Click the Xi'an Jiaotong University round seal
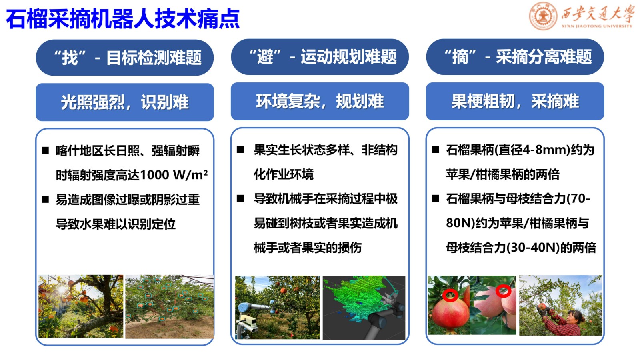543,16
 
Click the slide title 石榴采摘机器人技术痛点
122,19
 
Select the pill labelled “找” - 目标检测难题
124,58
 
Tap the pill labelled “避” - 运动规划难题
320,57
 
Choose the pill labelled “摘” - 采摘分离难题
515,57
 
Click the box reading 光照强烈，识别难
124,102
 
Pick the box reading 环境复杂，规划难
320,101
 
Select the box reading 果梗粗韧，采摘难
515,101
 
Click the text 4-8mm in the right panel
542,150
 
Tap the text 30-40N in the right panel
533,248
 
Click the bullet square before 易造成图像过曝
45,199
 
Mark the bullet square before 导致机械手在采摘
240,198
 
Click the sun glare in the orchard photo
62,290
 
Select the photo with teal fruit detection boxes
170,306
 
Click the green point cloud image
364,308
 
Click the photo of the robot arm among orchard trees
278,308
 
